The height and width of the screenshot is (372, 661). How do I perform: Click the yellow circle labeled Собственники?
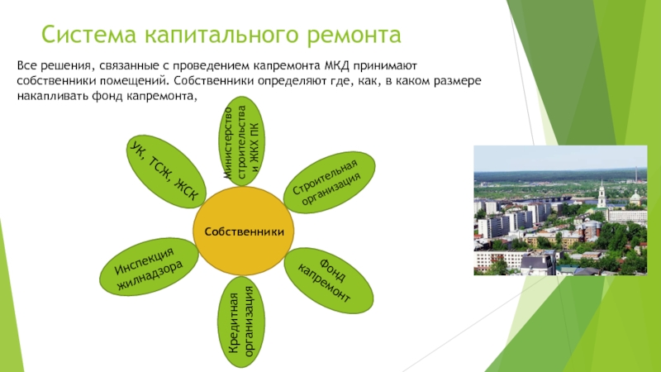[244, 231]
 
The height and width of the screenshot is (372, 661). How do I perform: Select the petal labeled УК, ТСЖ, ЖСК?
[166, 171]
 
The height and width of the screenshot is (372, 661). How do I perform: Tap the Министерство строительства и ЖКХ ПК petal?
[241, 141]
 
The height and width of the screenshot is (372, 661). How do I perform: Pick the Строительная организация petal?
[329, 182]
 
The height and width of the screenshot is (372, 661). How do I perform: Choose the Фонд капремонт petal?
[328, 280]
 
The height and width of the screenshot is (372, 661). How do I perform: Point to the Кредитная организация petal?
[241, 322]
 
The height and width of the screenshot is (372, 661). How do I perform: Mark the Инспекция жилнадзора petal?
[149, 266]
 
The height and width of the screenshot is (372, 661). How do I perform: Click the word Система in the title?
[89, 35]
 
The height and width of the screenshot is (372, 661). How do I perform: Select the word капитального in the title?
[221, 36]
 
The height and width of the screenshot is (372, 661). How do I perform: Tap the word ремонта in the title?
[354, 36]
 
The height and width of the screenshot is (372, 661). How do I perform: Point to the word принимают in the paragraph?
[385, 67]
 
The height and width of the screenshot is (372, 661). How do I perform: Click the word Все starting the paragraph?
[26, 66]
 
